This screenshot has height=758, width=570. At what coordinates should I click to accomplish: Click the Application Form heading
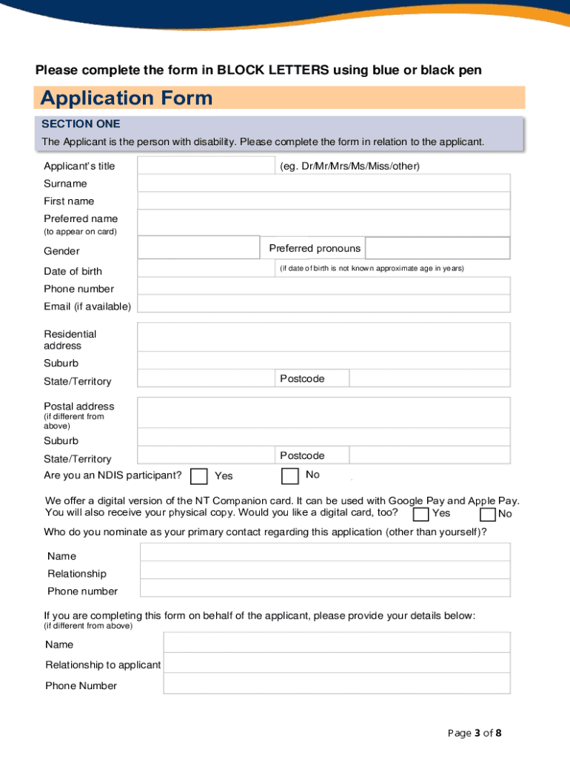127,98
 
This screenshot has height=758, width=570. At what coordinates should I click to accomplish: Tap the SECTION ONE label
81,124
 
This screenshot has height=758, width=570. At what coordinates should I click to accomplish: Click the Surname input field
323,183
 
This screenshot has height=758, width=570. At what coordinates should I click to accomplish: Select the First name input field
323,201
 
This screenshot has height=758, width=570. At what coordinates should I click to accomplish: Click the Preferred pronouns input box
437,248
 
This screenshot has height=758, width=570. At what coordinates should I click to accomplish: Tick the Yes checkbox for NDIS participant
198,476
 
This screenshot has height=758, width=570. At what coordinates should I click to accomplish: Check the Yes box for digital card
420,514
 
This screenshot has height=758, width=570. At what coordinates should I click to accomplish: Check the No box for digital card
488,514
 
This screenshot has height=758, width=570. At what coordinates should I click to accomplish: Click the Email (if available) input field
323,304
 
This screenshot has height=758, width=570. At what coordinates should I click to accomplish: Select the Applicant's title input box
206,165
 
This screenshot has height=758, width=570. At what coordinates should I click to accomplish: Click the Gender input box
198,249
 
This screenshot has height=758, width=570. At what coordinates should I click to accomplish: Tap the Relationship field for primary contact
325,570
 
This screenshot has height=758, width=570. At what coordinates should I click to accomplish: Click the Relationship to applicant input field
336,663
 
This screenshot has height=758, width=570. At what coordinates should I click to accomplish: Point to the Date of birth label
73,272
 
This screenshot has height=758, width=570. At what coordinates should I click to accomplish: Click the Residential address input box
323,337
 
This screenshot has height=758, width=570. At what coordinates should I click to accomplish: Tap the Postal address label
79,406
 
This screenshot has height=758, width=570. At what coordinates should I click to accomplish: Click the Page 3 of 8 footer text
475,733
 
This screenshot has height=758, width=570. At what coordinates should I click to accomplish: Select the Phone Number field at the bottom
336,684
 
